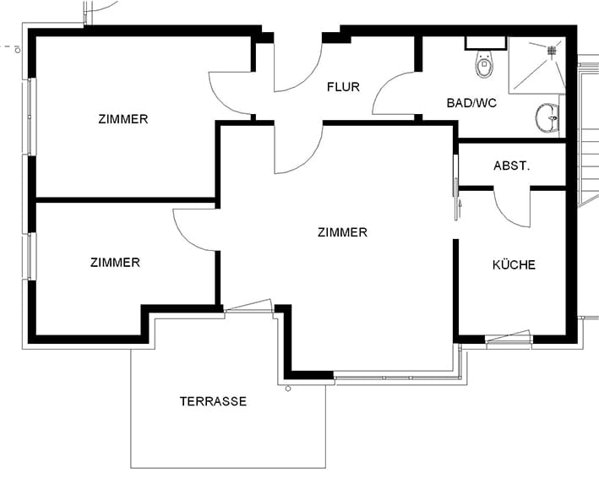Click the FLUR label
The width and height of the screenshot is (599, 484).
click(x=343, y=87)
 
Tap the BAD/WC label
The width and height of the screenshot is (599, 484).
click(x=471, y=103)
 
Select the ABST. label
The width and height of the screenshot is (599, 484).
click(x=511, y=166)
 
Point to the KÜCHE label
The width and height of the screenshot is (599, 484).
click(x=514, y=264)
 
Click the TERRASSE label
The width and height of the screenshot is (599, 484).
click(x=213, y=401)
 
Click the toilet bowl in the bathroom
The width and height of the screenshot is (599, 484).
click(x=484, y=64)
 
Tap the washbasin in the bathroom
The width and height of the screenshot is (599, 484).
click(x=547, y=117)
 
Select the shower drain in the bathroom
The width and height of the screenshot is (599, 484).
click(x=552, y=50)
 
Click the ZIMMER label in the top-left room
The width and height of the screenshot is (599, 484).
click(x=123, y=119)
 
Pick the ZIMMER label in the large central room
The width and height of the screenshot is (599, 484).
click(x=342, y=232)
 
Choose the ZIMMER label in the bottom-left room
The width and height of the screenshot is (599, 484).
click(x=115, y=263)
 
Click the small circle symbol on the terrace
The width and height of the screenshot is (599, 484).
click(x=288, y=389)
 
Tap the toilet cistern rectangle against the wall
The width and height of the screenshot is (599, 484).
click(x=486, y=43)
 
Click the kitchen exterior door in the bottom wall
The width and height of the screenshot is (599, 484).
click(x=508, y=339)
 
